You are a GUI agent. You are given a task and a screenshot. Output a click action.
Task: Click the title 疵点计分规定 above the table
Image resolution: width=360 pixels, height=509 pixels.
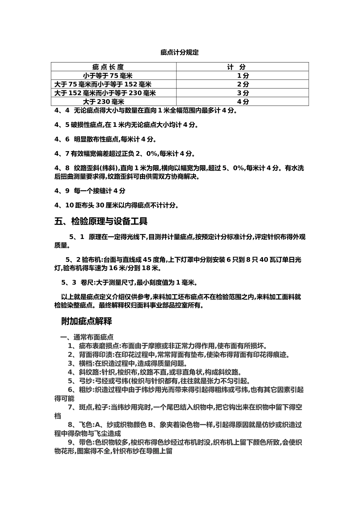(x=180, y=53)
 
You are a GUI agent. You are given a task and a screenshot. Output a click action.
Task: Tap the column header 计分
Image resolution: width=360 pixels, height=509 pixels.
(x=236, y=67)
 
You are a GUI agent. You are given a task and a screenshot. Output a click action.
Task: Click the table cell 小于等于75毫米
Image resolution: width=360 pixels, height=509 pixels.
(x=108, y=76)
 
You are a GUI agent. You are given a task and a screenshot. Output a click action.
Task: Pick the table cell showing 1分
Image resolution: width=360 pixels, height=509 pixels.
(x=243, y=76)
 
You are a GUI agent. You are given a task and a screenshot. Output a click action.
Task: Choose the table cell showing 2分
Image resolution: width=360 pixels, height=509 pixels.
(x=243, y=84)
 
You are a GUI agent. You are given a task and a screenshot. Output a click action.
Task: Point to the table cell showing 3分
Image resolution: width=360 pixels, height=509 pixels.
(x=243, y=93)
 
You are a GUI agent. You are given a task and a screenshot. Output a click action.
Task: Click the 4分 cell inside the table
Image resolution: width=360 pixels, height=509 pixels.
(x=243, y=101)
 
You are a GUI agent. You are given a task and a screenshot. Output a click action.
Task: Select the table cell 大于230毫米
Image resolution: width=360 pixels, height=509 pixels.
(x=103, y=101)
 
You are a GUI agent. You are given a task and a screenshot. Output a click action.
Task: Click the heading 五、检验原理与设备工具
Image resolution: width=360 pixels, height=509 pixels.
(x=101, y=221)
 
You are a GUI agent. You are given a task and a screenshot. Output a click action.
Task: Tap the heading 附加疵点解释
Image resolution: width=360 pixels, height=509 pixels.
(x=86, y=322)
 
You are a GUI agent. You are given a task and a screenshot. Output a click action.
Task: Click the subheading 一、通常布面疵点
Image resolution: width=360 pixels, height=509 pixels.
(x=86, y=337)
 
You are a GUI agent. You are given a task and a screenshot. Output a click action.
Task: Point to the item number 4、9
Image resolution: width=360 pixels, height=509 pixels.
(x=62, y=191)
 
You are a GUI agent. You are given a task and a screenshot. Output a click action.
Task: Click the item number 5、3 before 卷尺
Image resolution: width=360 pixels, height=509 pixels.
(x=69, y=283)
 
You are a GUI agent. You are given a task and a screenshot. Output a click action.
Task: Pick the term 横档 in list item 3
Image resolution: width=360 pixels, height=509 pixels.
(x=85, y=364)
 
